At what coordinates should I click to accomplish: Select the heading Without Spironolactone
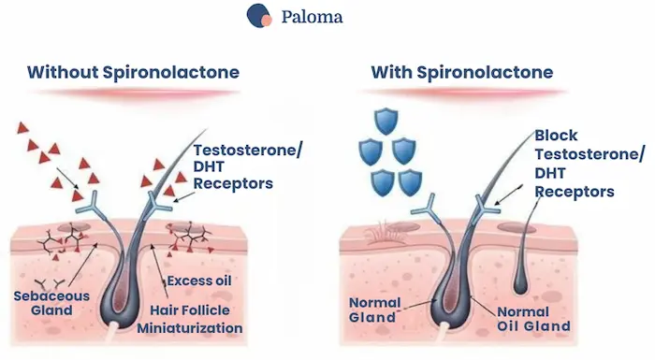pyautogui.click(x=133, y=72)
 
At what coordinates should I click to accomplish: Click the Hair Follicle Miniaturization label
pyautogui.click(x=190, y=319)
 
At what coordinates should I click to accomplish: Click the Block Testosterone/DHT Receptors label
pyautogui.click(x=575, y=163)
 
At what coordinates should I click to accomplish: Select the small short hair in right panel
pyautogui.click(x=527, y=252)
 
